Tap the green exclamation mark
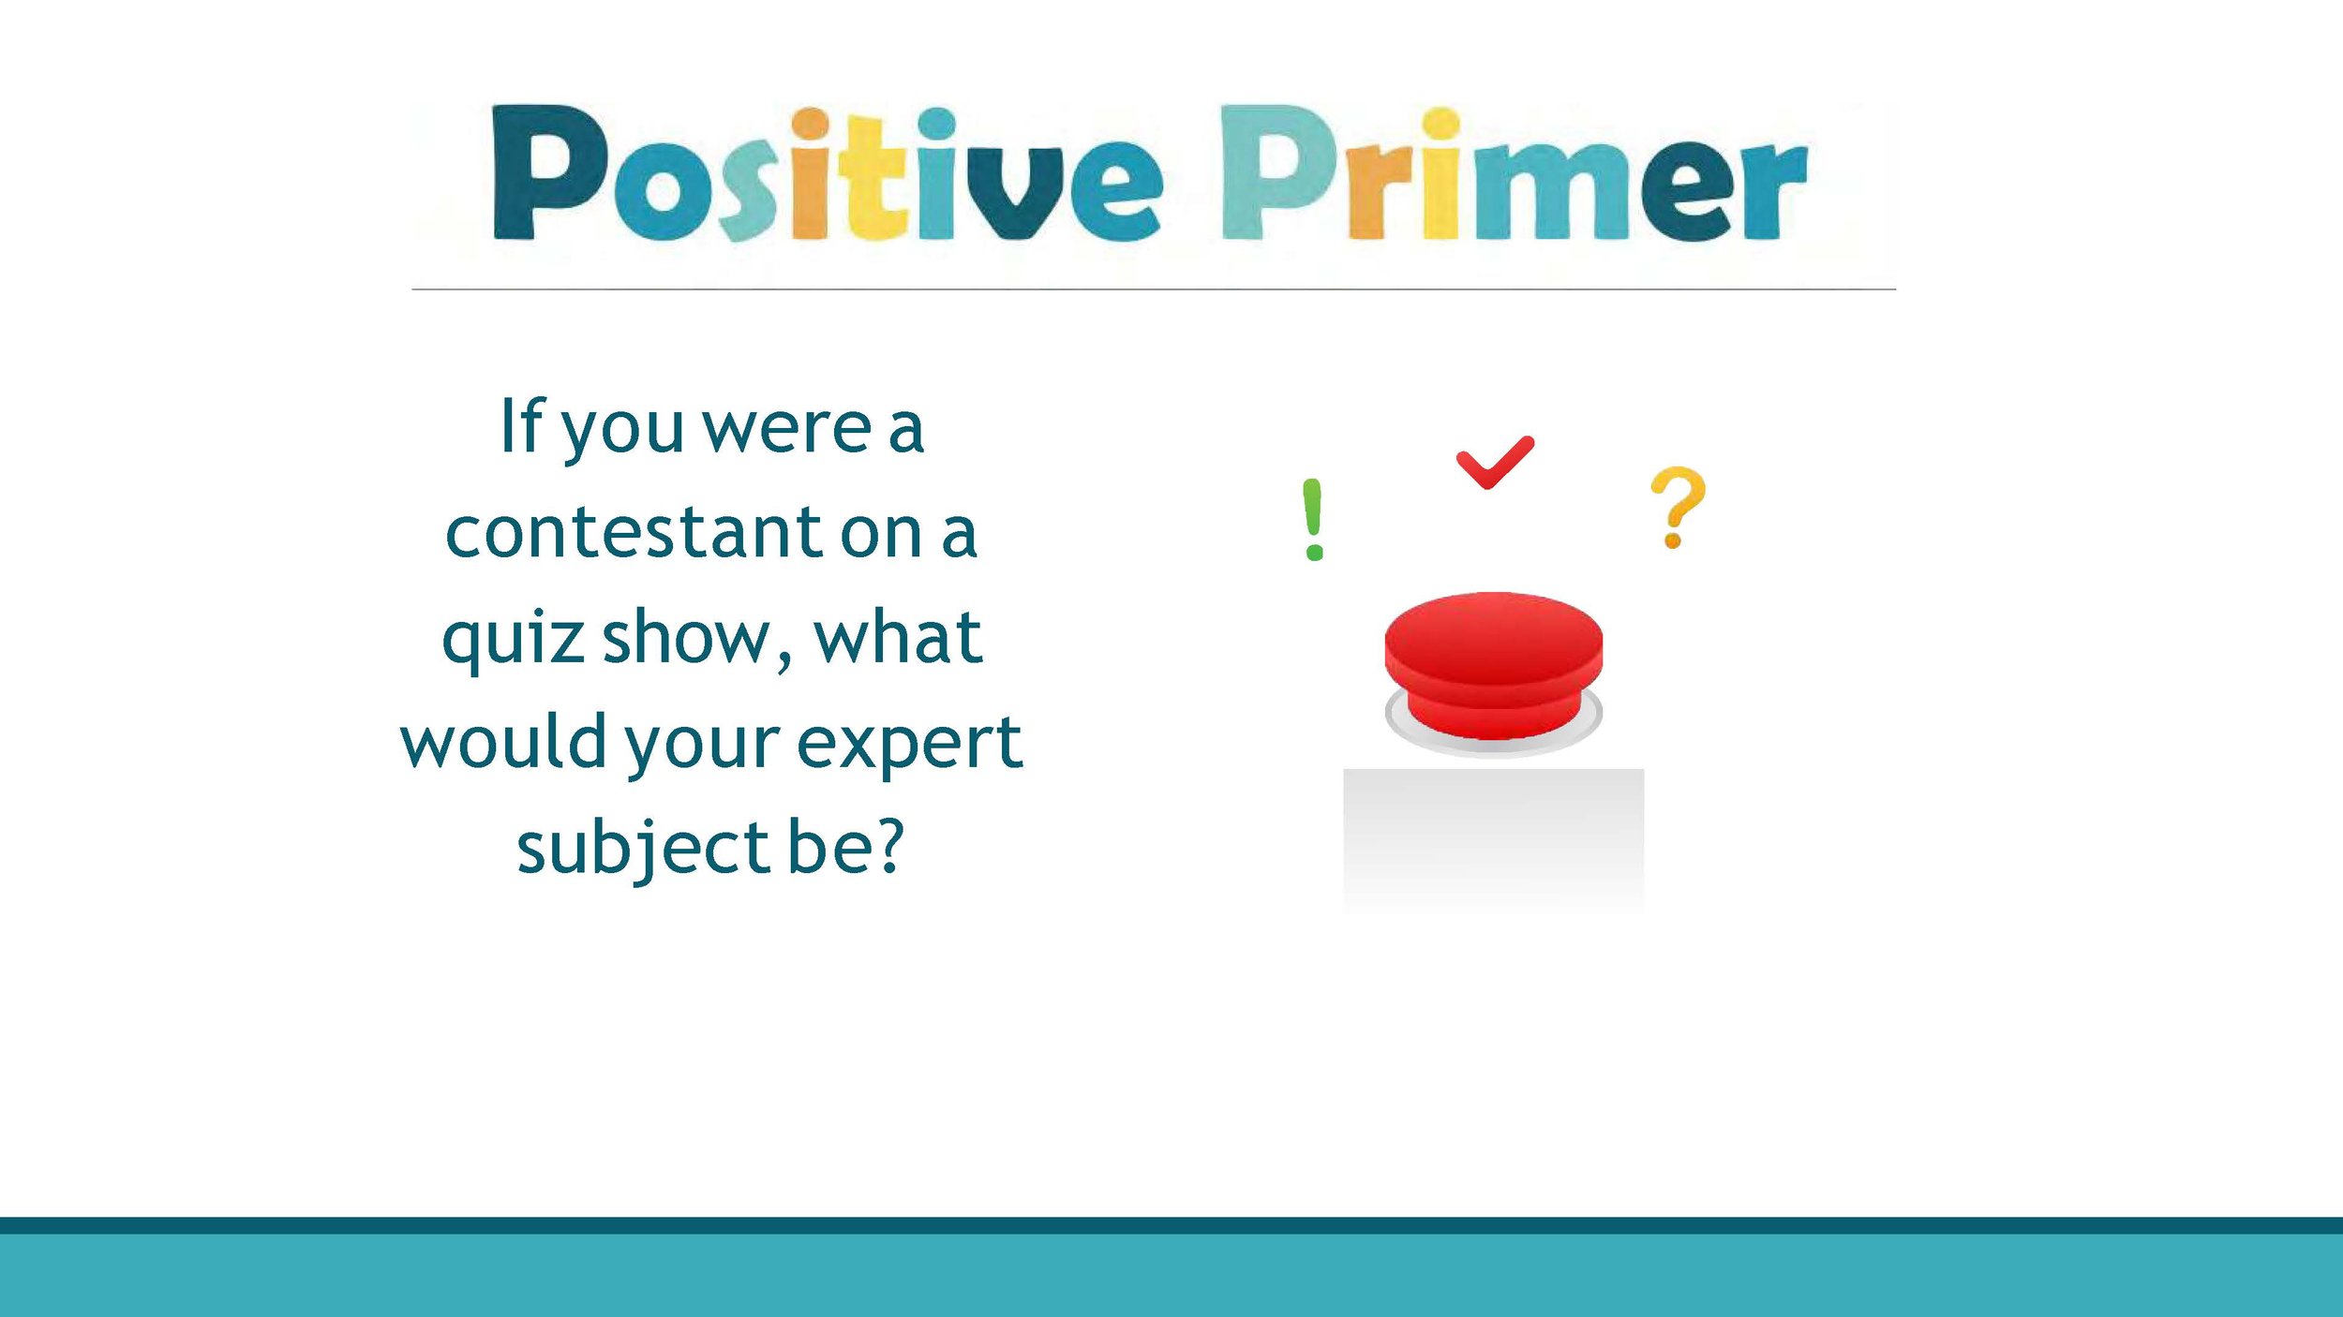click(1313, 520)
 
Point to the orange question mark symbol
click(1678, 507)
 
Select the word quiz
click(514, 639)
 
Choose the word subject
click(643, 849)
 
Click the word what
click(898, 639)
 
